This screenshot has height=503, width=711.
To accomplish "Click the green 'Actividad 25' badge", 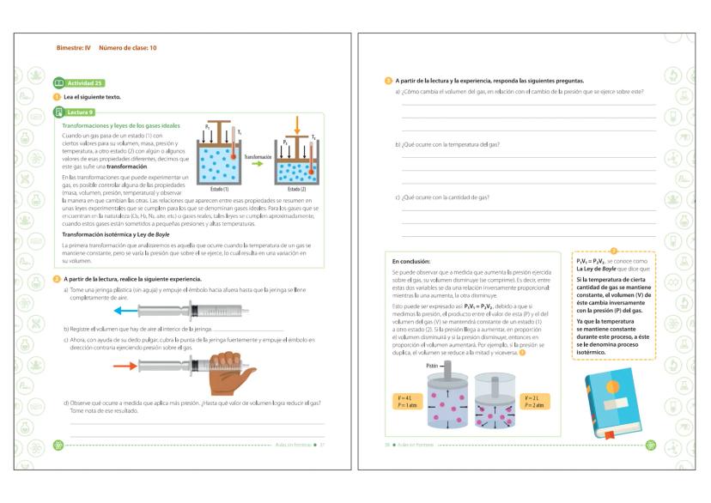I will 79,82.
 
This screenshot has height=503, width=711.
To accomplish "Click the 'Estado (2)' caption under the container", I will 296,187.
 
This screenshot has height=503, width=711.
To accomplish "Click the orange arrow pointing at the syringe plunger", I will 130,367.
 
